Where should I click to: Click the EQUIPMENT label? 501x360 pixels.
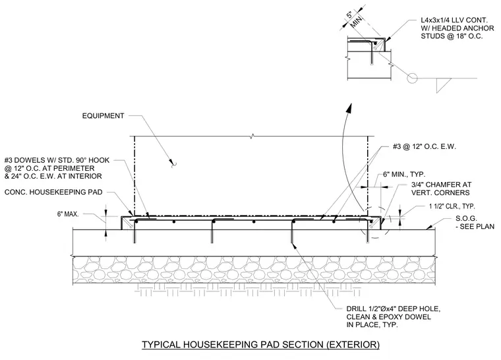click(x=103, y=116)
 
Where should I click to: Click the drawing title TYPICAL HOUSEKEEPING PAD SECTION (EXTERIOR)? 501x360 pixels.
click(x=261, y=345)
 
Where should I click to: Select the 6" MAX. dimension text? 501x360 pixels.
click(x=68, y=214)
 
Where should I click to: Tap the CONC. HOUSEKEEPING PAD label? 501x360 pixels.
click(x=53, y=192)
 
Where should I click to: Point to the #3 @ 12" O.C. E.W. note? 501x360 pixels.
click(x=425, y=147)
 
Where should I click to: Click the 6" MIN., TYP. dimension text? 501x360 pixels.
click(x=404, y=175)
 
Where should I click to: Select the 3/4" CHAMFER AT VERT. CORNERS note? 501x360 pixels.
click(x=441, y=189)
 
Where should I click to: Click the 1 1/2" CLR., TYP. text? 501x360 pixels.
click(x=452, y=206)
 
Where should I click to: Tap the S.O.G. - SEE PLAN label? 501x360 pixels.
click(x=475, y=222)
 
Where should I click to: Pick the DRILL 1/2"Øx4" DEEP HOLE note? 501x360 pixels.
click(x=394, y=317)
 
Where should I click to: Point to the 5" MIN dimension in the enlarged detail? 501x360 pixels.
click(x=354, y=18)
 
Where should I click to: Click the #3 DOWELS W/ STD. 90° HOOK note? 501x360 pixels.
click(x=57, y=168)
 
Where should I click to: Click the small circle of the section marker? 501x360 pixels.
click(x=412, y=78)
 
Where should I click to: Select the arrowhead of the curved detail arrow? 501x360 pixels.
click(x=349, y=108)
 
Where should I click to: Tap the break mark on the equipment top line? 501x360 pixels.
click(x=252, y=136)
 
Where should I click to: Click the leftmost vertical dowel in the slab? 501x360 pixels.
click(x=134, y=231)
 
